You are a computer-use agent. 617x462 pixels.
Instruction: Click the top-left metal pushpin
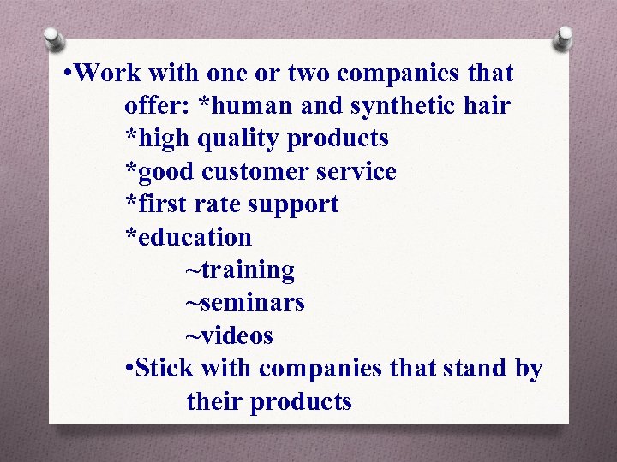(54, 38)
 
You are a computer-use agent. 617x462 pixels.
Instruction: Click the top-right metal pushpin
(563, 38)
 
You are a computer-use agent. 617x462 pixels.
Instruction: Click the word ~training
(240, 270)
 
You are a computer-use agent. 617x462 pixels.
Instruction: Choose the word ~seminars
(245, 303)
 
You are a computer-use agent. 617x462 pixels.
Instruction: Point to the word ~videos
(230, 335)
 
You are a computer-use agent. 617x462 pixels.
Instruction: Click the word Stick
(165, 369)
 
